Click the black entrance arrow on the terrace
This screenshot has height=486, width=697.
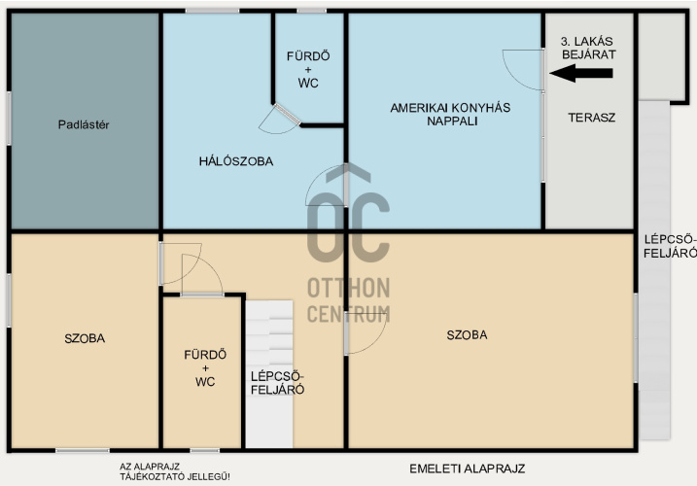tap(581, 73)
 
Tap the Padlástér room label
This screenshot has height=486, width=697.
tap(84, 124)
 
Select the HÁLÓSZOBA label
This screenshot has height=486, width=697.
tap(236, 161)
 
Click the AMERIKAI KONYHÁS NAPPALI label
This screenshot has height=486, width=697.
tap(450, 115)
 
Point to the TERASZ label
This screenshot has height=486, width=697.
tap(592, 118)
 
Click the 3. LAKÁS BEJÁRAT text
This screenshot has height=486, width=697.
tap(588, 48)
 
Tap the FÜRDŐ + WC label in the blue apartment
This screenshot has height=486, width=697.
tap(308, 70)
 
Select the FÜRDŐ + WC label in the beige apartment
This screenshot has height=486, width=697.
tap(205, 368)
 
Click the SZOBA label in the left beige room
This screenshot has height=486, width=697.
tap(85, 338)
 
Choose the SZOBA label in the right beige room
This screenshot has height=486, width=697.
tap(467, 334)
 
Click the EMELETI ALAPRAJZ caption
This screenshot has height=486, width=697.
tap(468, 469)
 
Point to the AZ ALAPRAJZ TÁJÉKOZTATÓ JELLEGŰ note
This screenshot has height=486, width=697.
tap(175, 471)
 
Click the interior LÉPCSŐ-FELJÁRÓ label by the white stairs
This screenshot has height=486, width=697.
tap(277, 383)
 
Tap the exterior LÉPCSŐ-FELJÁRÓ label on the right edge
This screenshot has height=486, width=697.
tap(670, 246)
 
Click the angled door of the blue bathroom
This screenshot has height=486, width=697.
tap(287, 113)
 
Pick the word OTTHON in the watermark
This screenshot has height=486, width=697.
tap(348, 288)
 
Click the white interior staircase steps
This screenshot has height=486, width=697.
tap(269, 373)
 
